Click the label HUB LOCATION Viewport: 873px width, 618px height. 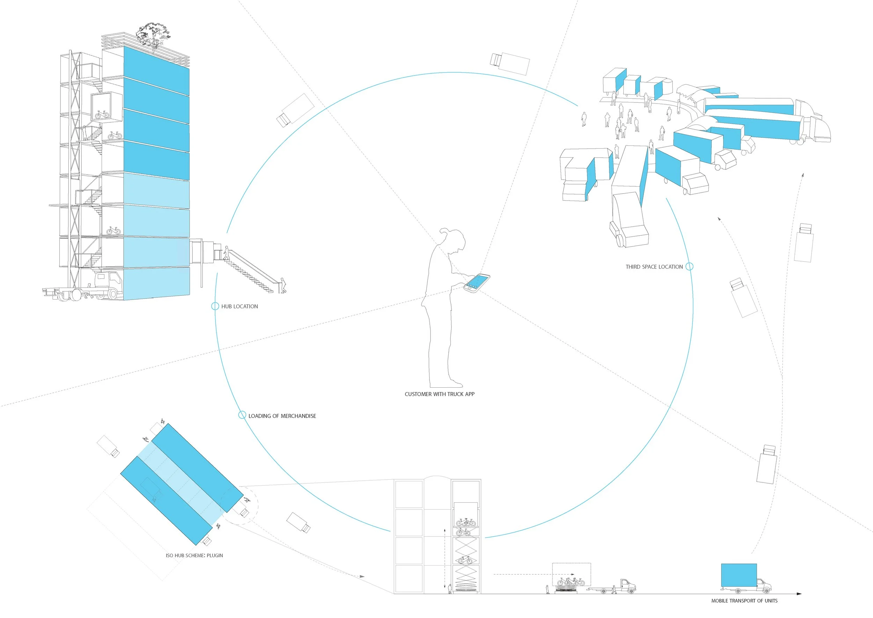coord(240,306)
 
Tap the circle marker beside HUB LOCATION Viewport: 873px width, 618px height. coord(215,306)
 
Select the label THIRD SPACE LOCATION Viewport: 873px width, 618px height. coord(654,267)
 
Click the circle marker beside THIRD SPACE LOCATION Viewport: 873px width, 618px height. coord(689,267)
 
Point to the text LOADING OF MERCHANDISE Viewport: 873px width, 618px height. coord(282,416)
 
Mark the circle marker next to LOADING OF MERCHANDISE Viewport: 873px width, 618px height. coord(242,415)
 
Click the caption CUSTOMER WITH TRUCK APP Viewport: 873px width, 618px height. coord(440,394)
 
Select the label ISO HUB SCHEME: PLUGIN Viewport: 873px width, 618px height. coord(194,555)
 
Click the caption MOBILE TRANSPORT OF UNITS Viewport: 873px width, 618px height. coord(744,601)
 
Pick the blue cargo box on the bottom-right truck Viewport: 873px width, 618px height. coord(739,575)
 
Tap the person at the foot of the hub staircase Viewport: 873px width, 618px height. coord(283,286)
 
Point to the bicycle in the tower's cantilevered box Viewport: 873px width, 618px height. coord(102,114)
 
